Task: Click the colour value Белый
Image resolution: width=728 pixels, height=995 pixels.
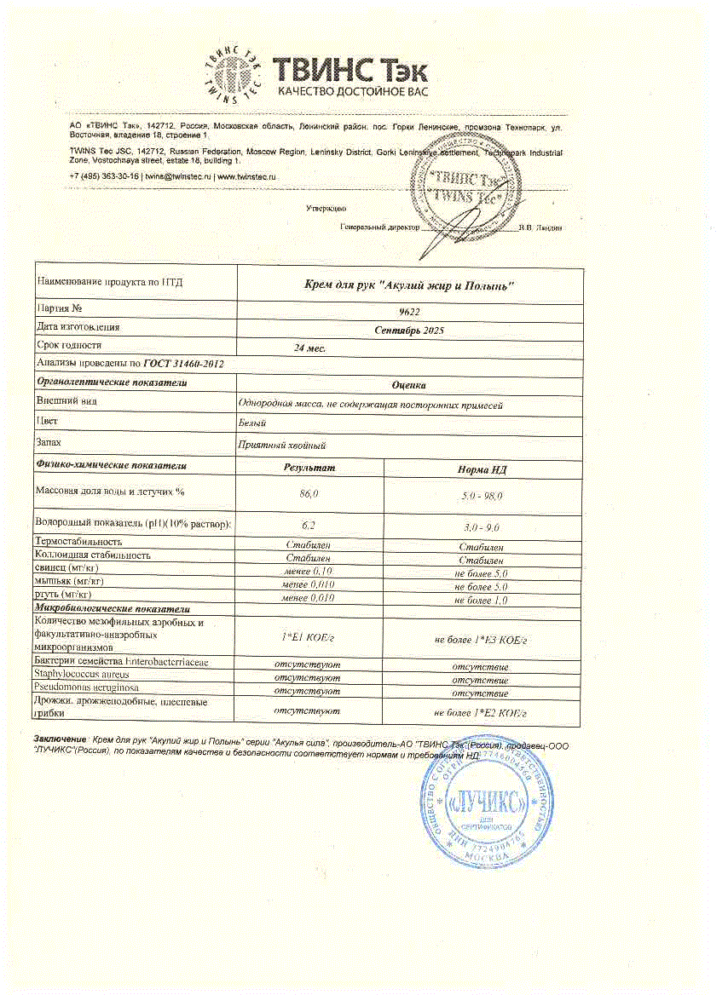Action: [252, 423]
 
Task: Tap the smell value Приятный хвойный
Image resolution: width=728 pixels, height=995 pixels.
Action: [281, 445]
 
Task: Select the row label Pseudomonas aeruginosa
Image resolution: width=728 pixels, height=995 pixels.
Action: [87, 687]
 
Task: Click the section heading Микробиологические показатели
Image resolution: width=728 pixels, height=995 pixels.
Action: [112, 609]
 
